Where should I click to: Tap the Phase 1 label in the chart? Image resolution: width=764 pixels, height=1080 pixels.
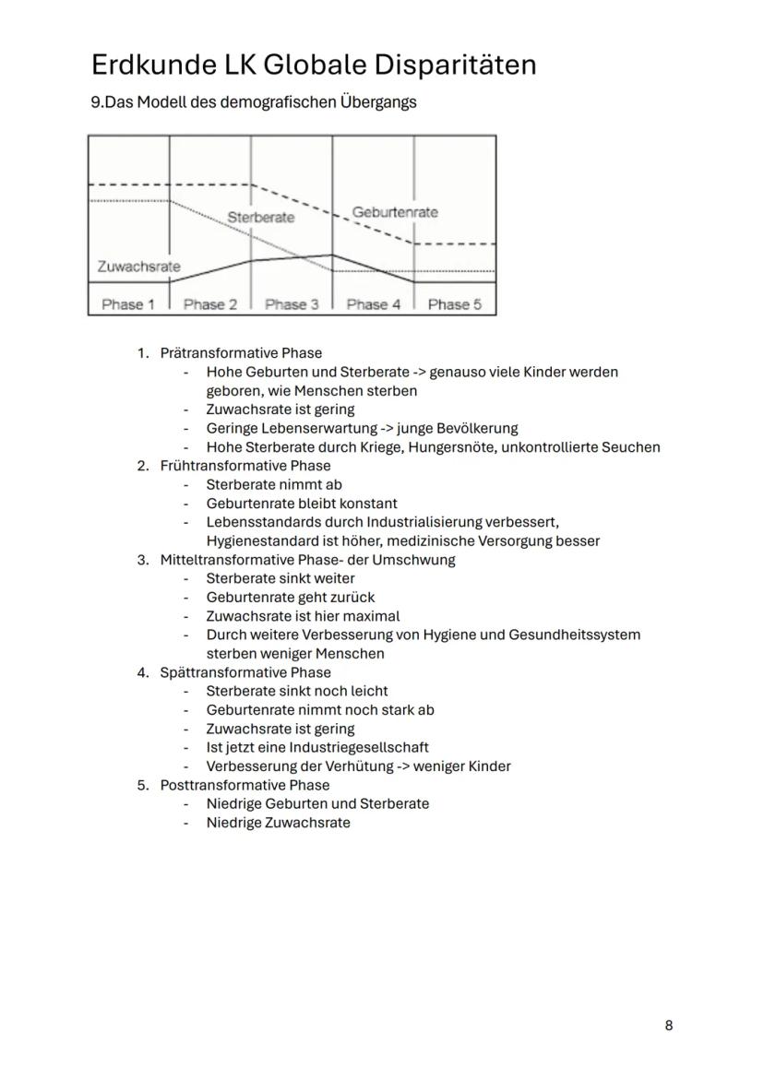tap(128, 303)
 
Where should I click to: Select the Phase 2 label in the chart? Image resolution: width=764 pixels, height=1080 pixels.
tap(210, 303)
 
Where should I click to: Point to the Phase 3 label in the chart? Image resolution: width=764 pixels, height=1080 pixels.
tap(292, 303)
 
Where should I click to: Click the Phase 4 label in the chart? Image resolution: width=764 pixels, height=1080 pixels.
tap(373, 303)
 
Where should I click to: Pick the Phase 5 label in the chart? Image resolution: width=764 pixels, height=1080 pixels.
tap(454, 303)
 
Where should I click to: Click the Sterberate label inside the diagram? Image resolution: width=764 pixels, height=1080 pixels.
tap(261, 218)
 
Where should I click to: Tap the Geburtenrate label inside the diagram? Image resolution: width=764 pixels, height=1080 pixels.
tap(395, 212)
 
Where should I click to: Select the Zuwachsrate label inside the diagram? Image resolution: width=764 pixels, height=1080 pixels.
tap(138, 267)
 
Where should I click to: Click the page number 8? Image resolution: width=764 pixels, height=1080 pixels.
tap(669, 1025)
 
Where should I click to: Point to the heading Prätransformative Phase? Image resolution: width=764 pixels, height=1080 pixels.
tap(241, 353)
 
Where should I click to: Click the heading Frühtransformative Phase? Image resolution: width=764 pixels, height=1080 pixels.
tap(245, 466)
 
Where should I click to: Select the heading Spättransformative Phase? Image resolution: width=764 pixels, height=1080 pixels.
tap(245, 672)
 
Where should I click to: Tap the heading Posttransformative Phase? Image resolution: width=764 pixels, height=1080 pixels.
tap(245, 785)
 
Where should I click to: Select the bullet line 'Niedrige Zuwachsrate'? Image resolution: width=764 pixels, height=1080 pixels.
tap(278, 823)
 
